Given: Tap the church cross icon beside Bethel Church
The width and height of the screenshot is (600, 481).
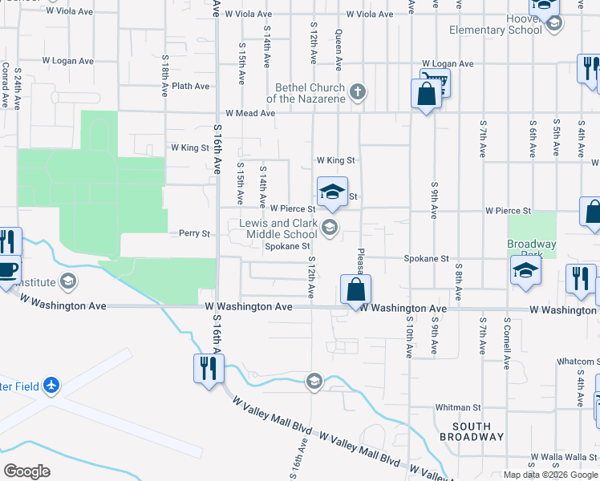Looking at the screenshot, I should [359, 93].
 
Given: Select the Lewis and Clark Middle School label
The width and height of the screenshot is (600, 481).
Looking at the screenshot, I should [278, 229].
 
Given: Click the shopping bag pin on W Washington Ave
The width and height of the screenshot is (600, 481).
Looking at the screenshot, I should [355, 289].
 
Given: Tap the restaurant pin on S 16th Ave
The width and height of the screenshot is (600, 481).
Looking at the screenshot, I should [209, 369].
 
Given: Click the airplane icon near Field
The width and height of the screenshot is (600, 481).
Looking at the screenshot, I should [51, 386].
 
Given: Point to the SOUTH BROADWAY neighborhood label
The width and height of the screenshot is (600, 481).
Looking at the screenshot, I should [478, 431].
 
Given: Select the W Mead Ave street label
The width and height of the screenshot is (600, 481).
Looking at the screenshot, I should [250, 114].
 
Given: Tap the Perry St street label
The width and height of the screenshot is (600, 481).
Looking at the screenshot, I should [194, 234].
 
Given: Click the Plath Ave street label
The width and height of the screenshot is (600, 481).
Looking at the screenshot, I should [190, 86].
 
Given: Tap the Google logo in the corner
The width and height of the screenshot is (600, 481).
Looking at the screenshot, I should [26, 471].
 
